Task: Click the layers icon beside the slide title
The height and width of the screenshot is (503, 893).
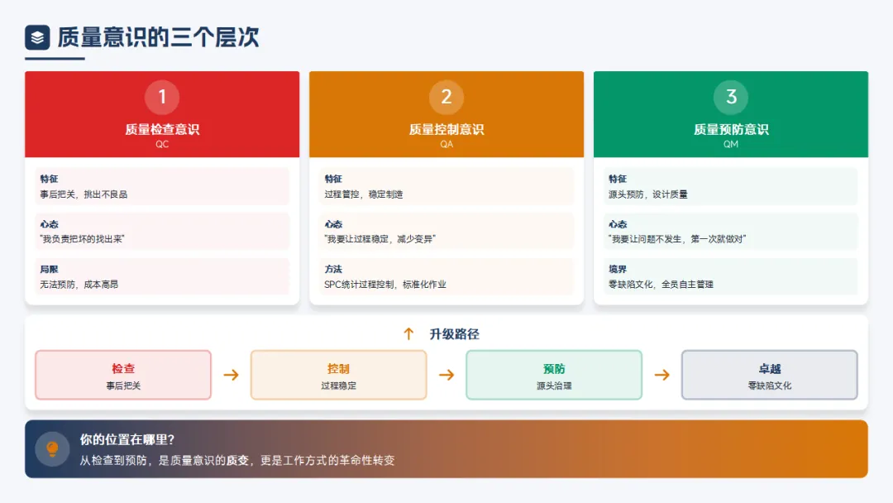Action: click(x=37, y=37)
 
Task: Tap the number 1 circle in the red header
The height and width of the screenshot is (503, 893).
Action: click(x=162, y=98)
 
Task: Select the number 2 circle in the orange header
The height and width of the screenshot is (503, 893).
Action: click(x=446, y=98)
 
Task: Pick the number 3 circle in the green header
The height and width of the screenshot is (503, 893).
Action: click(x=731, y=98)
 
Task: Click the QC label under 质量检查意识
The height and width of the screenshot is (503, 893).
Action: click(x=162, y=144)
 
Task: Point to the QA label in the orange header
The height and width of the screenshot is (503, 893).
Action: click(x=446, y=144)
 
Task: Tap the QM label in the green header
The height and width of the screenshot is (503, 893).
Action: click(x=731, y=144)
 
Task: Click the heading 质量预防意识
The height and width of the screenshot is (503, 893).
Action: click(x=731, y=129)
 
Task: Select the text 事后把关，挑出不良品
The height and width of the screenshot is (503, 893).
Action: click(x=84, y=194)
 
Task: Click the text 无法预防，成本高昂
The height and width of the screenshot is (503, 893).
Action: click(x=79, y=285)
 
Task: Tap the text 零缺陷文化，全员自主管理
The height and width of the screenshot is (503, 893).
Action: click(x=661, y=285)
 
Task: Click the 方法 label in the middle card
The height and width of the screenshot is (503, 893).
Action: click(x=333, y=270)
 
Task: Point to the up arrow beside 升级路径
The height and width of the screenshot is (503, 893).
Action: click(x=408, y=334)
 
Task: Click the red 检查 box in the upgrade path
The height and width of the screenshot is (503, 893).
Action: click(x=123, y=375)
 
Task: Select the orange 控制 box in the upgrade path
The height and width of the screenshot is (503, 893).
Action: click(x=338, y=375)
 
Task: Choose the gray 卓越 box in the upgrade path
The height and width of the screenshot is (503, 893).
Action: click(x=769, y=375)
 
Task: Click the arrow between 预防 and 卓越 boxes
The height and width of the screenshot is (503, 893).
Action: click(x=661, y=375)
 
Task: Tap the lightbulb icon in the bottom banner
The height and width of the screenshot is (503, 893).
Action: click(x=52, y=448)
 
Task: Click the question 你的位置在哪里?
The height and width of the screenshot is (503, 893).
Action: click(x=127, y=440)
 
